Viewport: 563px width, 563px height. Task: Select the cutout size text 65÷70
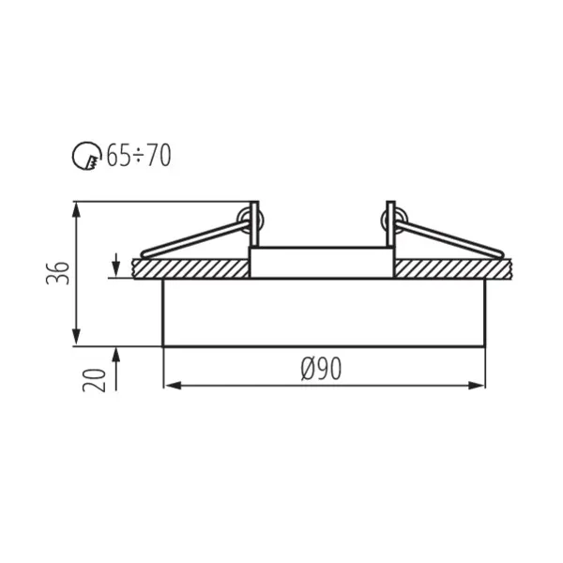coord(138,157)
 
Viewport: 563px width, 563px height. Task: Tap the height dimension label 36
coord(59,272)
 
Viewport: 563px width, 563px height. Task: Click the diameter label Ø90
coord(321,370)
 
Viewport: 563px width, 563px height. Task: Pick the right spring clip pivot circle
coord(390,221)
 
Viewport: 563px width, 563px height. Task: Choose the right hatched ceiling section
coord(450,268)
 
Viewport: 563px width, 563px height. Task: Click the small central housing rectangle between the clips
coord(321,262)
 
